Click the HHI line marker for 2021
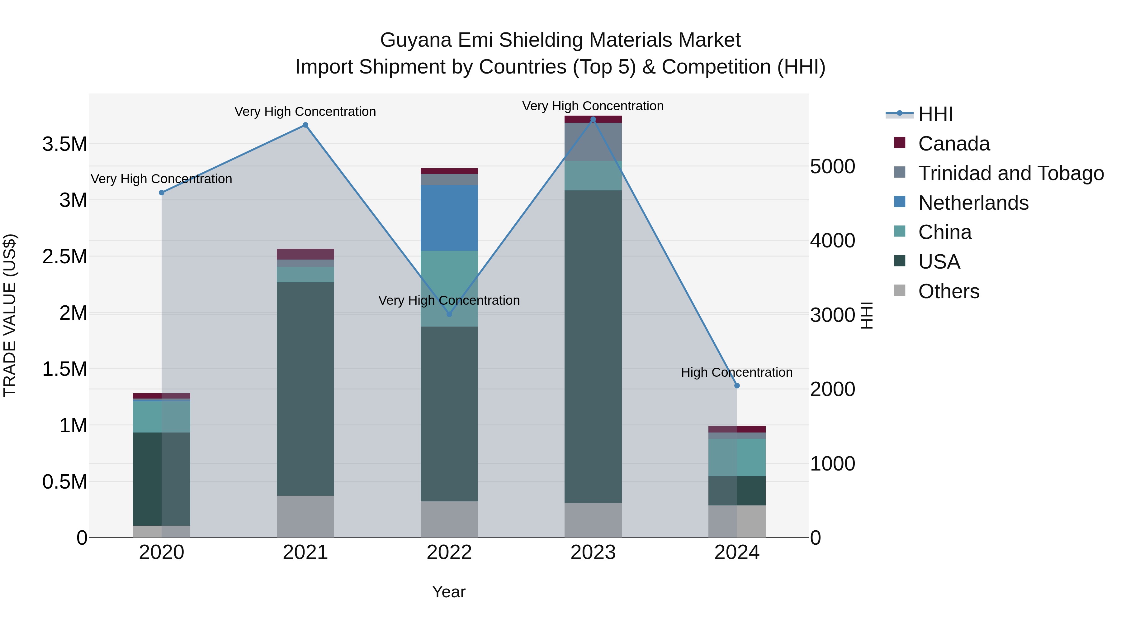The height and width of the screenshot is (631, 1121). (x=305, y=125)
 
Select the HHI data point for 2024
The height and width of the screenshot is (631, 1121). (x=737, y=385)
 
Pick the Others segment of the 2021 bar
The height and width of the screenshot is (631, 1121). (x=305, y=516)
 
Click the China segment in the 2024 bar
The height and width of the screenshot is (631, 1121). (x=737, y=457)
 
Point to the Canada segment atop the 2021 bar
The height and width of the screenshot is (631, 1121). (x=305, y=254)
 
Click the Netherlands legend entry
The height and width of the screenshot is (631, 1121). (x=973, y=203)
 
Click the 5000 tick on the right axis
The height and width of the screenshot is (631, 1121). (x=832, y=166)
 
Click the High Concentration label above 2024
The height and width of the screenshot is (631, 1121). (x=736, y=372)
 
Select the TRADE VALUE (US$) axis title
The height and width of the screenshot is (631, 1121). (x=10, y=315)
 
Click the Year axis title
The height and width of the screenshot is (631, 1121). (x=449, y=592)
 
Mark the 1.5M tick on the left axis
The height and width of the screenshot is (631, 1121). (x=64, y=369)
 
